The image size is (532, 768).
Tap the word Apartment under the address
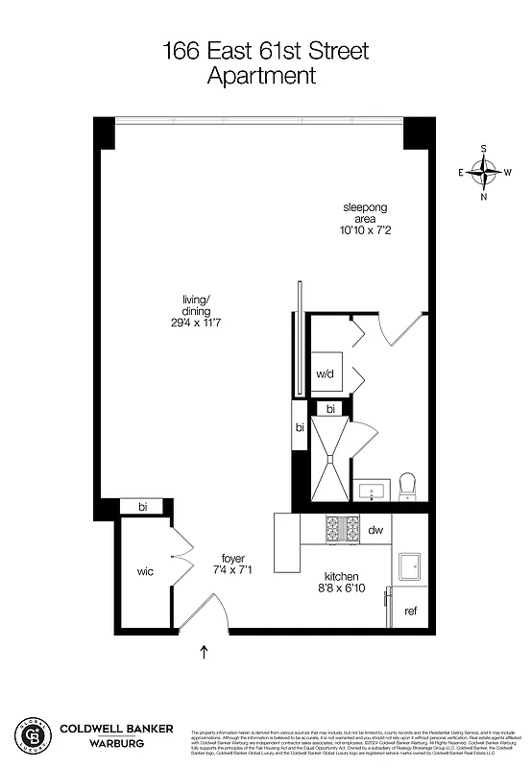[261, 77]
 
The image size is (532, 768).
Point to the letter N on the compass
[483, 197]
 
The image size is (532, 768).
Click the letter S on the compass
[483, 149]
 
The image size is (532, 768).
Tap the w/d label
[324, 374]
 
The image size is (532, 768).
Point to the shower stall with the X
[330, 458]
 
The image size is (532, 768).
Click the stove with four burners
[343, 529]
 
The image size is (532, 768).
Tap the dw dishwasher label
[375, 529]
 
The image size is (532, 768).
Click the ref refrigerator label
[410, 612]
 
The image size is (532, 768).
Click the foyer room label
[232, 558]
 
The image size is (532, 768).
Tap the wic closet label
[145, 572]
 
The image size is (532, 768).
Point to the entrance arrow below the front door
[204, 654]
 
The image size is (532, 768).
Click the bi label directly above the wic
[142, 506]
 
